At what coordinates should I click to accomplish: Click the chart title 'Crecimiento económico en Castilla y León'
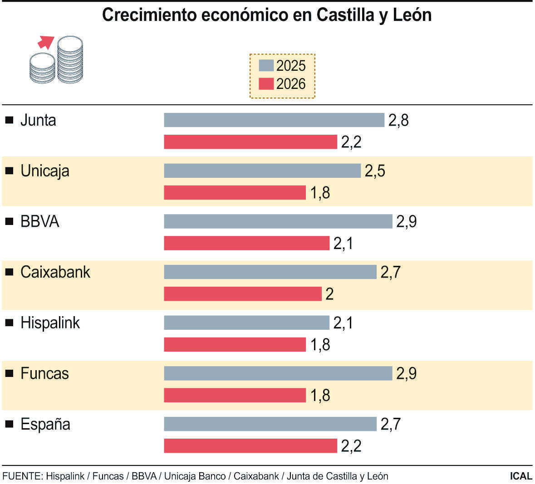[x=267, y=15]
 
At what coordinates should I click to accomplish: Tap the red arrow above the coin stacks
[x=45, y=42]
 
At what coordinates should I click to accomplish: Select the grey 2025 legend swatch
[x=266, y=65]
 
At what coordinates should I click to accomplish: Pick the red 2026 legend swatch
[x=266, y=84]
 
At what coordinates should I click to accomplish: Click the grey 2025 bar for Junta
[x=274, y=120]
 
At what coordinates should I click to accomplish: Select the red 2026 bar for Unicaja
[x=235, y=193]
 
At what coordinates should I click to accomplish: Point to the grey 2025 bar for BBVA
[x=278, y=221]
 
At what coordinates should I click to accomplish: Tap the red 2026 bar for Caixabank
[x=242, y=294]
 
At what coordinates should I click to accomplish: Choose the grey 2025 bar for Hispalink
[x=246, y=323]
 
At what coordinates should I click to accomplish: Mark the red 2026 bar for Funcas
[x=235, y=396]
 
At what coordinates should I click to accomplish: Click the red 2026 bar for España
[x=250, y=446]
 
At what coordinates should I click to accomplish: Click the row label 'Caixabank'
[x=55, y=272]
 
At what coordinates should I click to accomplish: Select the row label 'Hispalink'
[x=50, y=323]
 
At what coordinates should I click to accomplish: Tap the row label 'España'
[x=45, y=425]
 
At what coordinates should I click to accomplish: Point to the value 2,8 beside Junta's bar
[x=398, y=120]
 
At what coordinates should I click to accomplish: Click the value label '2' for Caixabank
[x=329, y=294]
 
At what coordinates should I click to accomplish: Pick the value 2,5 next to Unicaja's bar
[x=375, y=171]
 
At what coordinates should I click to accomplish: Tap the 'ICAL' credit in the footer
[x=520, y=476]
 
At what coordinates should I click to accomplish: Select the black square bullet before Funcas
[x=9, y=373]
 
